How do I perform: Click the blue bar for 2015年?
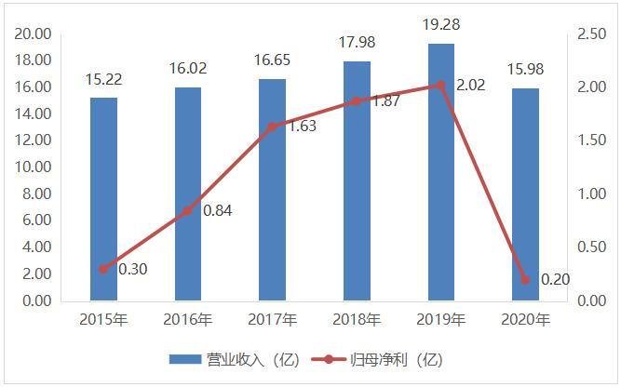click(x=103, y=199)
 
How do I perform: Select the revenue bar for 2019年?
click(x=441, y=172)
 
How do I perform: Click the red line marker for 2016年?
click(x=188, y=211)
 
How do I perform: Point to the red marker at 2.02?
click(x=441, y=85)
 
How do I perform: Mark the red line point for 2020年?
click(x=525, y=279)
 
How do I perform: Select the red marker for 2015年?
click(x=103, y=269)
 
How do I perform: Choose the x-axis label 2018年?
click(x=357, y=320)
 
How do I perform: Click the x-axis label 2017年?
click(x=272, y=320)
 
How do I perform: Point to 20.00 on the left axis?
click(x=33, y=34)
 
